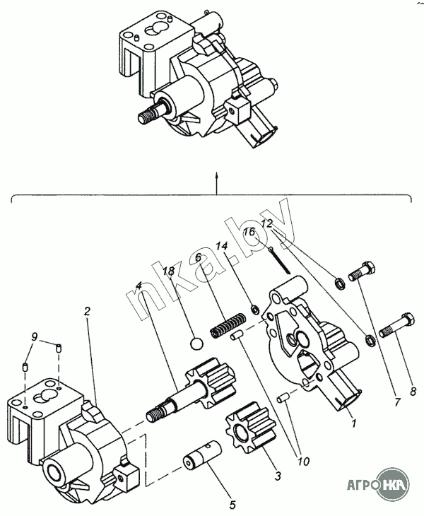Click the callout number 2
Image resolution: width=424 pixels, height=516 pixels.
point(87,311)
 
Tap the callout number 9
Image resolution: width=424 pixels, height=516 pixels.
point(35,336)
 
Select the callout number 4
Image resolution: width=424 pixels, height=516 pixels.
point(139,286)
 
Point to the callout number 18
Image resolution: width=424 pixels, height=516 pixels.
point(169,272)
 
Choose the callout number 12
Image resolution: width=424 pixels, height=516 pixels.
point(267,224)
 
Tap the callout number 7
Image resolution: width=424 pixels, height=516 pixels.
point(397,401)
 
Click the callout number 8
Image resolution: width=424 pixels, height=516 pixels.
point(413,391)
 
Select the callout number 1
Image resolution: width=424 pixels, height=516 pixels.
point(353,423)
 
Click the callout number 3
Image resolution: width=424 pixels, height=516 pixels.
point(278,476)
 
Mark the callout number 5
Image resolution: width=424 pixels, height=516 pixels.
point(232,504)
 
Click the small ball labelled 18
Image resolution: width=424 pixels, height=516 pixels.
point(196,344)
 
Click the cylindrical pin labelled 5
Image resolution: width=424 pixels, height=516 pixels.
point(202,455)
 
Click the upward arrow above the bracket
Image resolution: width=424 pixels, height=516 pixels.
point(216,182)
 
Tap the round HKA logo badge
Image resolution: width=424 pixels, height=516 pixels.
point(393,485)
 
